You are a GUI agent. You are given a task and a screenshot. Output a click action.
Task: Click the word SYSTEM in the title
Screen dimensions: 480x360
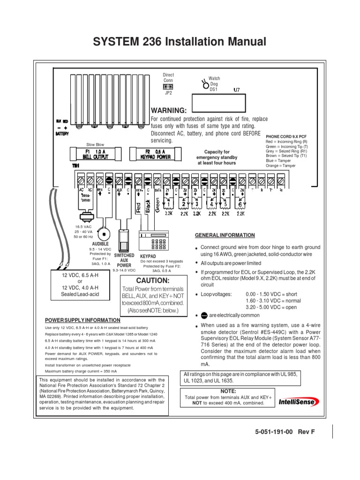(114, 42)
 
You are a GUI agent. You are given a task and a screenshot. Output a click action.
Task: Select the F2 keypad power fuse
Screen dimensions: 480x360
(156, 154)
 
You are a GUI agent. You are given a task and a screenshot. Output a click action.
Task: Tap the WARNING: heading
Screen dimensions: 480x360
(168, 111)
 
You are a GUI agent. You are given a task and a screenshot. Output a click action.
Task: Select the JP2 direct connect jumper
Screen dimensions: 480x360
(168, 87)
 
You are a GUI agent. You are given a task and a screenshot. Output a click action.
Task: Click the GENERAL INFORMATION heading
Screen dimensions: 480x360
(225, 235)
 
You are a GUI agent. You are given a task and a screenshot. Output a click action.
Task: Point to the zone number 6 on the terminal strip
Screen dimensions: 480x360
(240, 205)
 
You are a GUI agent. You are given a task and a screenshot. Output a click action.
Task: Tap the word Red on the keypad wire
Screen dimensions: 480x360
(138, 207)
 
